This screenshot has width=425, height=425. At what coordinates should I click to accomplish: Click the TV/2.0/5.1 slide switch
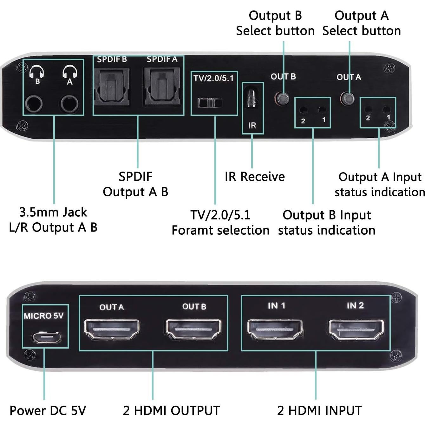point(210,103)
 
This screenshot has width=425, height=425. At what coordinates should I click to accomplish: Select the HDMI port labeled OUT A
point(112,330)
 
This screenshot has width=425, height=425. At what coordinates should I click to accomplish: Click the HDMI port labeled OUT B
point(193,330)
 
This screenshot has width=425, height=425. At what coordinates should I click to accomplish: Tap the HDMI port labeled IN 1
point(275,330)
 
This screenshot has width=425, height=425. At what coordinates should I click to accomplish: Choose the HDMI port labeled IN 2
point(356,330)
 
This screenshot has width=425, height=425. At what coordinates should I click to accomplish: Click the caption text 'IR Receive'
point(255,177)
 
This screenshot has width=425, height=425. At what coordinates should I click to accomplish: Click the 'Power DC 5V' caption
point(48,410)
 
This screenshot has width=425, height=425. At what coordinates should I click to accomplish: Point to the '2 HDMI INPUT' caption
point(319,410)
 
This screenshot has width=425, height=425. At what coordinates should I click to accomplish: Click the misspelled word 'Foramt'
point(192,230)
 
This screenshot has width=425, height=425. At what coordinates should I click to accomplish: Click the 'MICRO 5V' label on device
point(44,316)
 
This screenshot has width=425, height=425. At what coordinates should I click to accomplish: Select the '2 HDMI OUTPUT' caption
point(171,410)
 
